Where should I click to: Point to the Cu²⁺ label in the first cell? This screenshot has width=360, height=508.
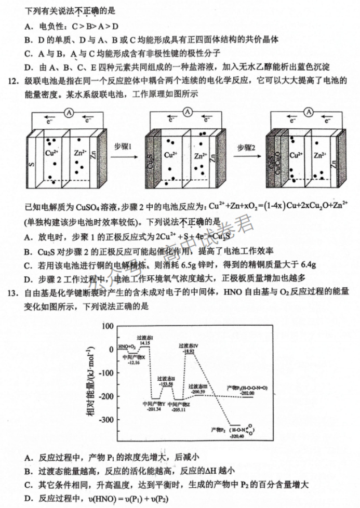coord(51,153)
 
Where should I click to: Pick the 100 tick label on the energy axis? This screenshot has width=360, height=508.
coord(108,326)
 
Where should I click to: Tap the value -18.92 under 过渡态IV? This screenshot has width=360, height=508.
coord(189,352)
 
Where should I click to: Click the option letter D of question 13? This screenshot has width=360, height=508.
coord(28,499)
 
